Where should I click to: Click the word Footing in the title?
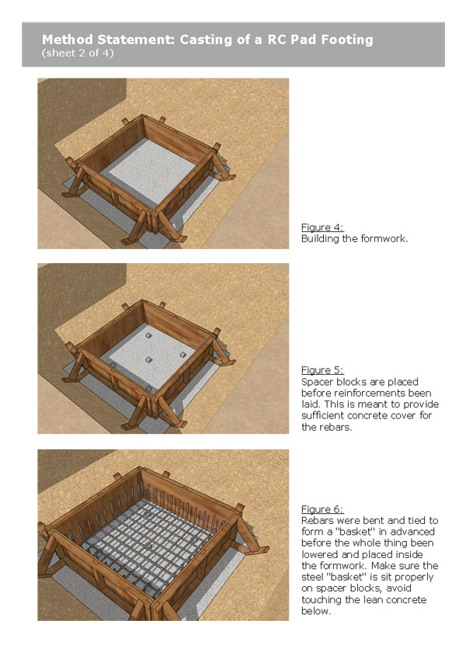point(341,39)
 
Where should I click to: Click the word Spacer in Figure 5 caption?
point(316,382)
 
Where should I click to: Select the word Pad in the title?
point(298,39)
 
